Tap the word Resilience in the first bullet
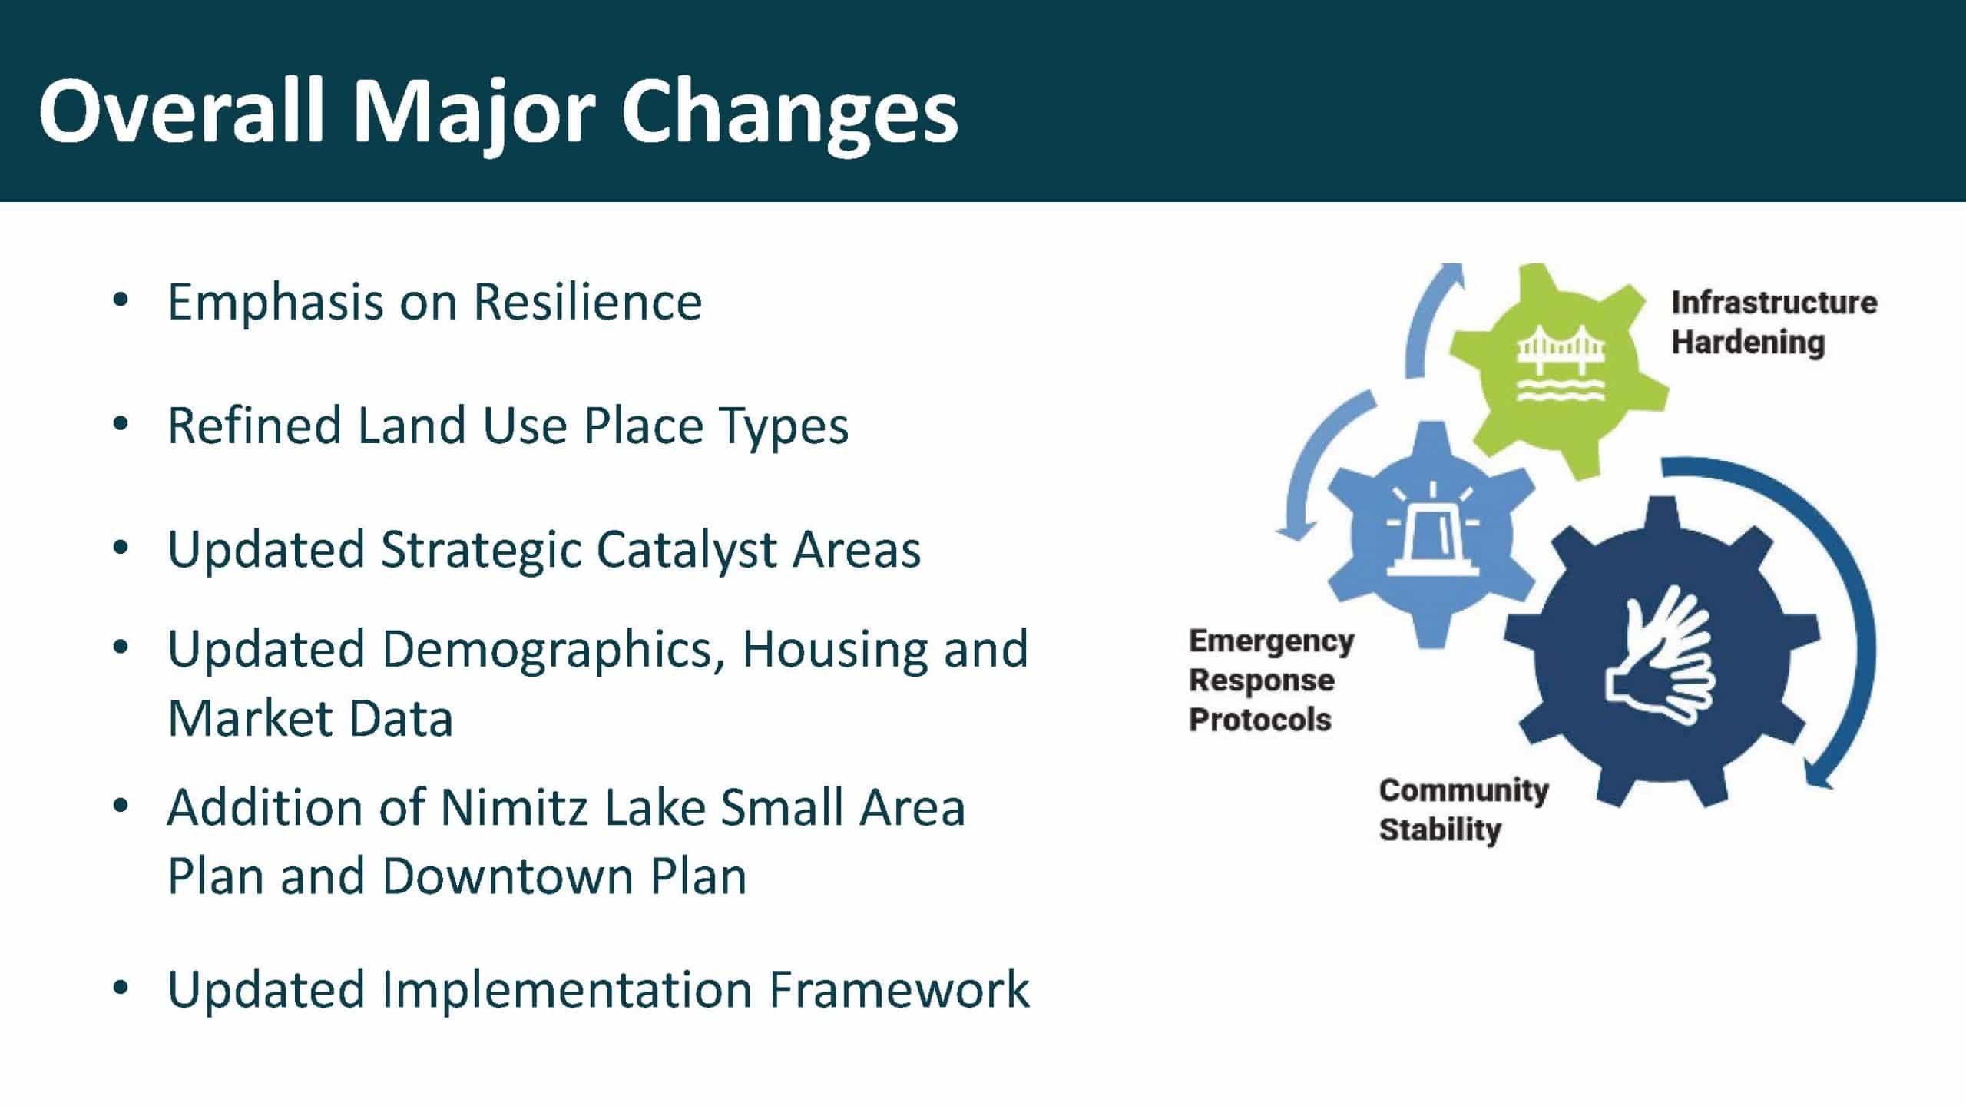point(587,301)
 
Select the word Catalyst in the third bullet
point(686,551)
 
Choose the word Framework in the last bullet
point(899,989)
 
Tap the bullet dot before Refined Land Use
point(121,425)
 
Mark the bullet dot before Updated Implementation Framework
point(121,988)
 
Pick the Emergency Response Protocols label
point(1271,680)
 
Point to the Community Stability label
point(1464,810)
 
